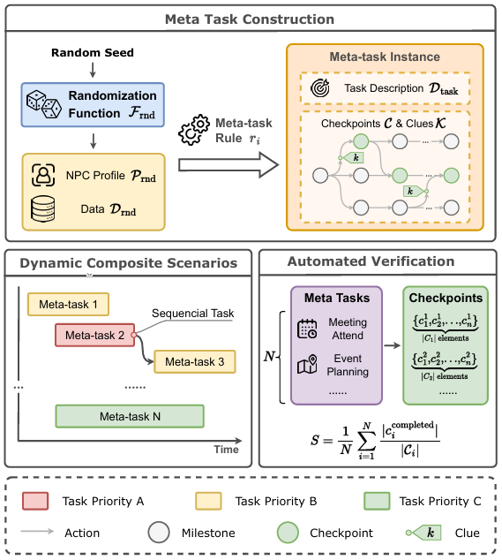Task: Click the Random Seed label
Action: pos(93,52)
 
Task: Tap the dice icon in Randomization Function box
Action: pos(44,104)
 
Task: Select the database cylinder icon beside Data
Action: pos(43,209)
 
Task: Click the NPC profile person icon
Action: pos(43,175)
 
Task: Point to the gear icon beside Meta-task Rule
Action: pos(194,130)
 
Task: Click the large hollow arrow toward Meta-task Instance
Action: pos(229,164)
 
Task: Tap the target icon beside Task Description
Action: pos(320,87)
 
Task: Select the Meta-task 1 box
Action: pos(68,304)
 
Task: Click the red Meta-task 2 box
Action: pos(95,335)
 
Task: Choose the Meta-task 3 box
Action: pos(195,362)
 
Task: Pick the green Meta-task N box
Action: pos(130,416)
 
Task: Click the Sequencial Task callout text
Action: pos(192,314)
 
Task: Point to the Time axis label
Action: pos(226,450)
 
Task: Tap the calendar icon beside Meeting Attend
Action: pos(307,329)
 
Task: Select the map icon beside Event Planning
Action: pos(307,365)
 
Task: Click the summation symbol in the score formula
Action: pos(366,441)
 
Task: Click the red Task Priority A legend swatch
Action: pos(35,501)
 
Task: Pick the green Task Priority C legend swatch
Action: pos(377,501)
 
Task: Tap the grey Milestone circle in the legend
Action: pos(159,533)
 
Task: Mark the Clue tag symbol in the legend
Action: pos(423,533)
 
